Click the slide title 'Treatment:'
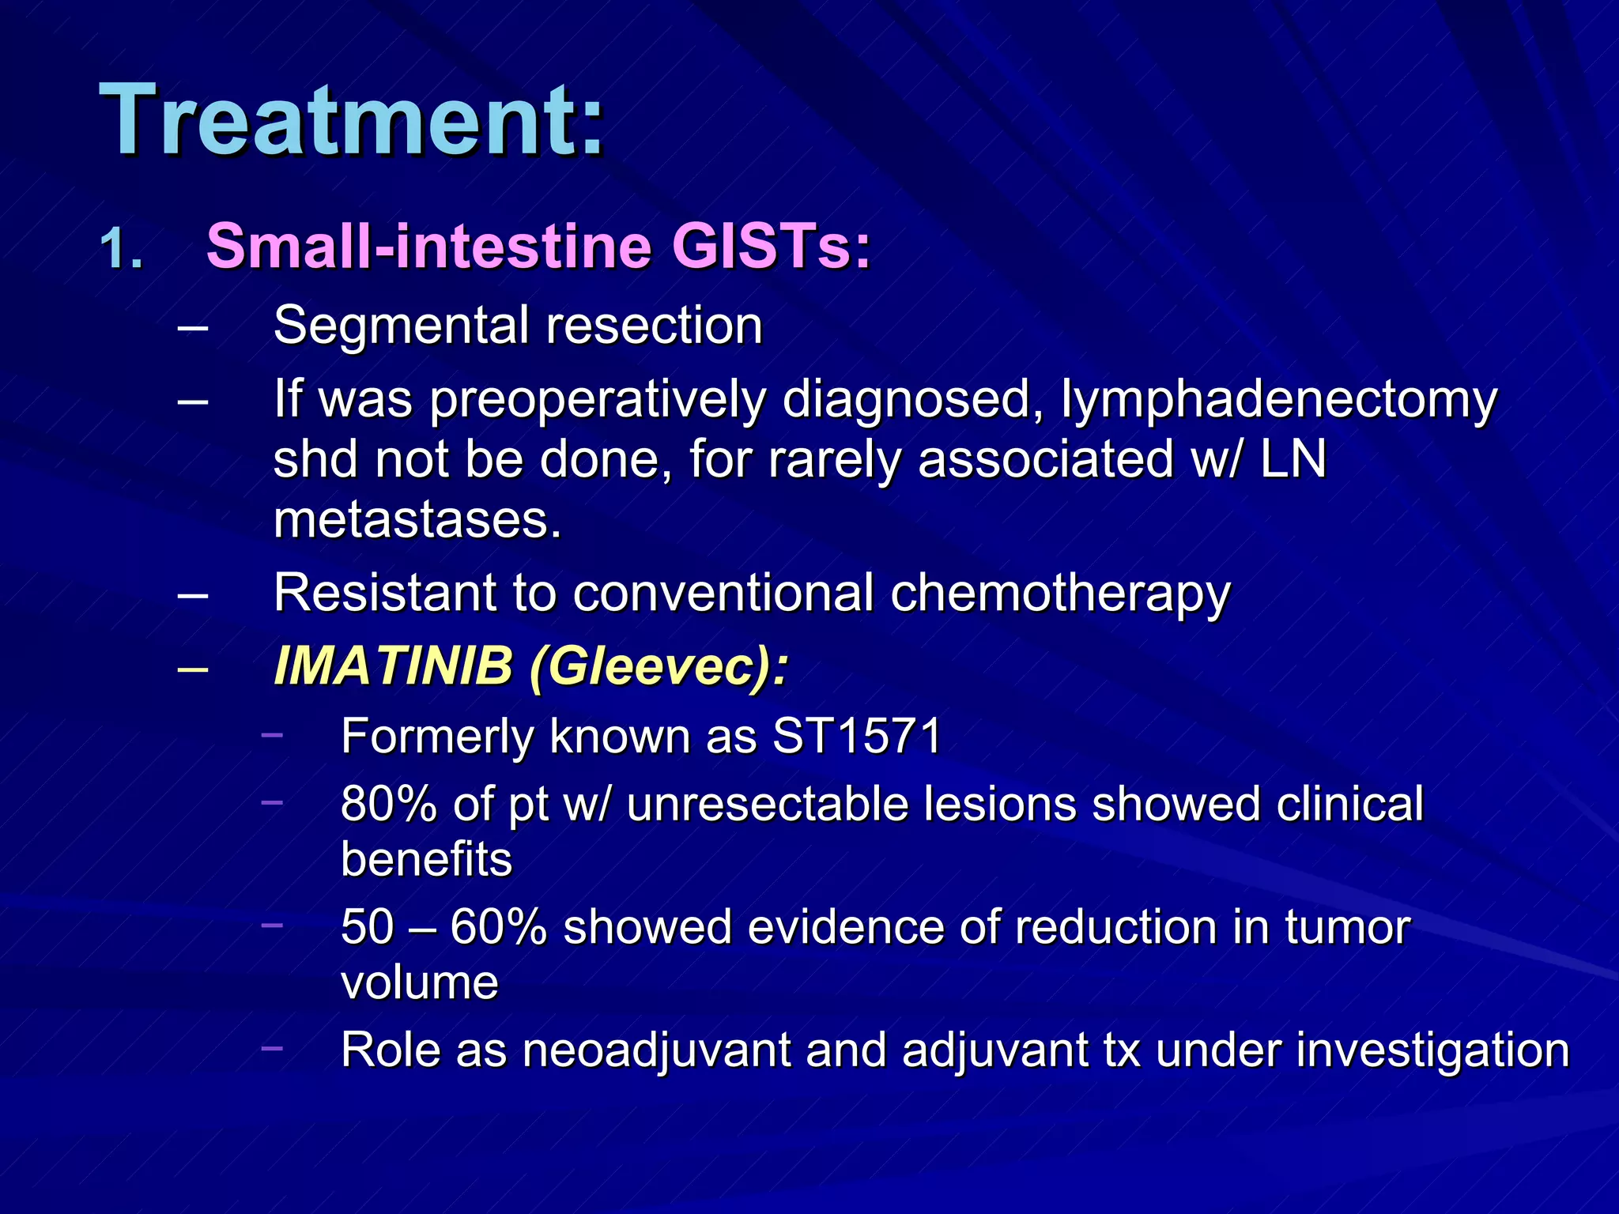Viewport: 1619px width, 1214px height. (x=352, y=120)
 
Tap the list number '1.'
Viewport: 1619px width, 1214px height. (x=123, y=249)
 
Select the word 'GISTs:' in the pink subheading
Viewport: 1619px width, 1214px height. (x=771, y=246)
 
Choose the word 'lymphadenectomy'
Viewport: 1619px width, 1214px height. (x=1278, y=399)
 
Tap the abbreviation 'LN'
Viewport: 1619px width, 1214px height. (x=1293, y=459)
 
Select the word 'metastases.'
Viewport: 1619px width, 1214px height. (x=417, y=520)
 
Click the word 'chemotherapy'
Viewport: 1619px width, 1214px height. (x=1060, y=593)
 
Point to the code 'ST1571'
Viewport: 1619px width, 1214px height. (x=857, y=736)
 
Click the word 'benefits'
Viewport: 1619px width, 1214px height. (x=427, y=860)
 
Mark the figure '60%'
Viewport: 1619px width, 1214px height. (x=498, y=926)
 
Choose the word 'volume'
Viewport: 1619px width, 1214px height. (x=420, y=982)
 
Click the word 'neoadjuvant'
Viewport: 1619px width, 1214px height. (x=655, y=1050)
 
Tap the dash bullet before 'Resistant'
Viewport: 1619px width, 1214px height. (x=194, y=594)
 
